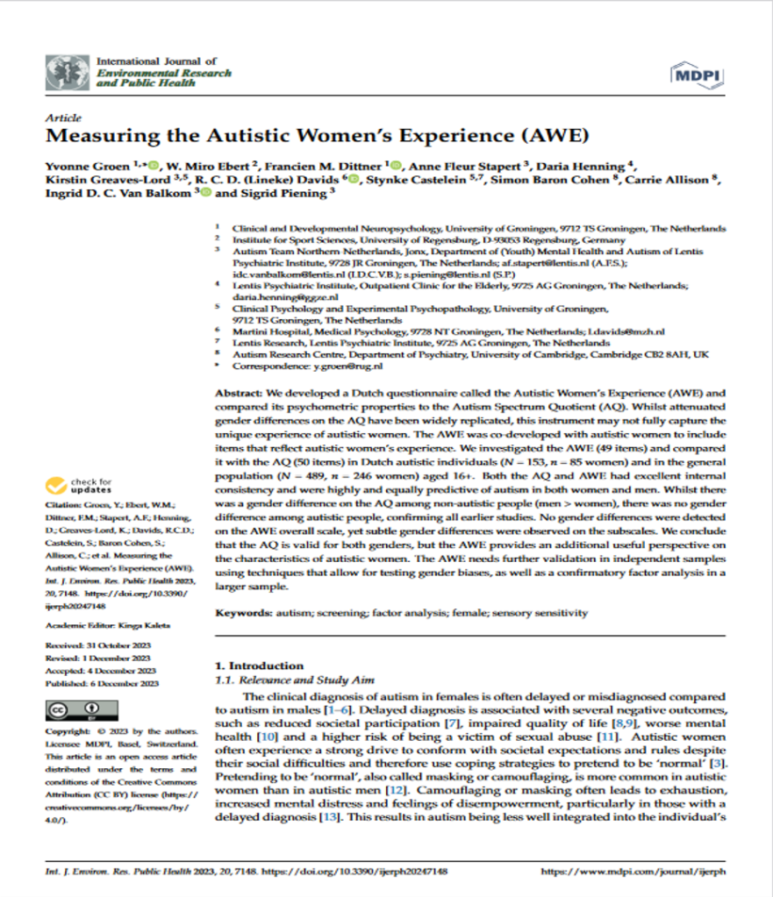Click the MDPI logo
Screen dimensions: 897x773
click(695, 75)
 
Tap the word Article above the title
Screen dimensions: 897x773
click(62, 117)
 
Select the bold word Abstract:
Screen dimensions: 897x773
click(243, 395)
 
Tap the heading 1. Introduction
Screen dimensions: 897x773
click(260, 666)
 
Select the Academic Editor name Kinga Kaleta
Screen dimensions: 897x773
click(132, 624)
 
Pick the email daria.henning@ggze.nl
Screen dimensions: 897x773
click(274, 297)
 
